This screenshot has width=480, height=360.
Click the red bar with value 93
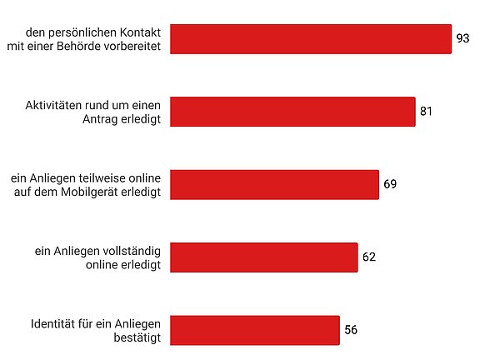[x=311, y=38]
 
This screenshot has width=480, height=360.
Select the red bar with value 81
[x=292, y=112]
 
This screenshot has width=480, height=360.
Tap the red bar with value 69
[x=274, y=184]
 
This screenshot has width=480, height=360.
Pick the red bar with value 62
[x=263, y=257]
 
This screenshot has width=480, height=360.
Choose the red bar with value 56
[x=254, y=329]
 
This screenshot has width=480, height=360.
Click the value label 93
[x=463, y=38]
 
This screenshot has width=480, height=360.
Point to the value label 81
[x=427, y=111]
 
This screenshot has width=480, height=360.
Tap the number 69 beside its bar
[x=391, y=184]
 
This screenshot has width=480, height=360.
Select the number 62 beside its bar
[x=369, y=257]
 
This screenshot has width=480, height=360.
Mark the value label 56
[x=351, y=329]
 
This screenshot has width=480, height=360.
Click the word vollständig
[x=133, y=250]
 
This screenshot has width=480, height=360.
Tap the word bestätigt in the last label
[x=140, y=337]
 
